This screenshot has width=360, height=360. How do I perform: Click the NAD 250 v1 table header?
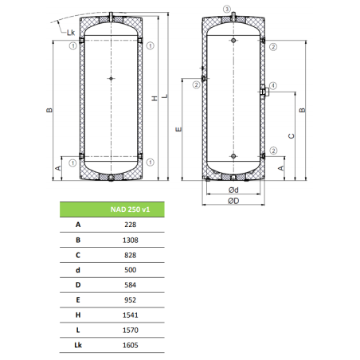130,209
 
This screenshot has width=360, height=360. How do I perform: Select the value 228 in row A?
131,225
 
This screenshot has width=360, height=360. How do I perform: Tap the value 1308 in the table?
131,240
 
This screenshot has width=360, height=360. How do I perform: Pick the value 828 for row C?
131,255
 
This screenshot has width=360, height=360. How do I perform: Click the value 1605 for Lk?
131,345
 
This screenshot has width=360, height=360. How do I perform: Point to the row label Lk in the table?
78,345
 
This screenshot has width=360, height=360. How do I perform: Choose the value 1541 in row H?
131,315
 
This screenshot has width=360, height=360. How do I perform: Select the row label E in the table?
78,300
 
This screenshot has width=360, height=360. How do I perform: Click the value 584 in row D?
131,285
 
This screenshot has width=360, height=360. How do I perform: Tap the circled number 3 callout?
227,10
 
